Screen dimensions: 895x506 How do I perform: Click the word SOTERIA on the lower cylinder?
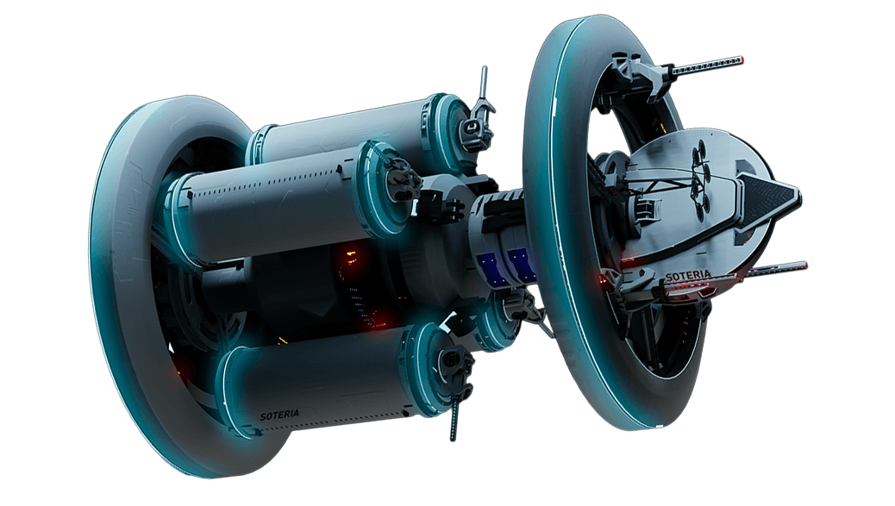tap(279, 415)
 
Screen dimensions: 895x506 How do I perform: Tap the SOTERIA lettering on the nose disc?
tap(688, 276)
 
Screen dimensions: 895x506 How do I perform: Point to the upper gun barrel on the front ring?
tap(707, 65)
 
